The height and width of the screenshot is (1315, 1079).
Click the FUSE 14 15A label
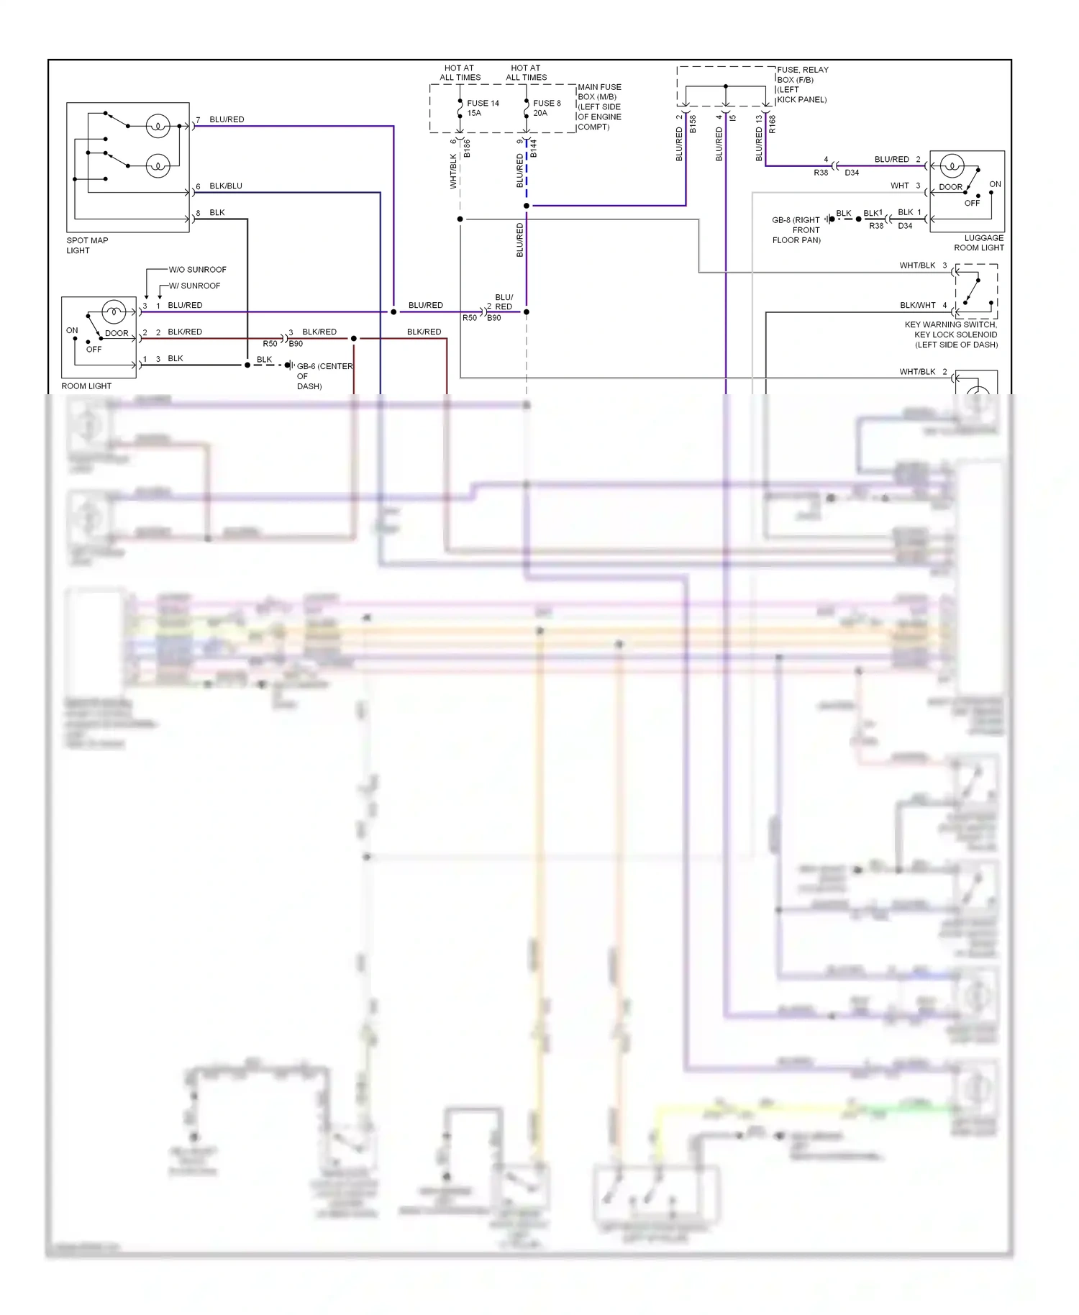point(482,108)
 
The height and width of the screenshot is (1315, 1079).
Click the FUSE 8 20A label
point(546,108)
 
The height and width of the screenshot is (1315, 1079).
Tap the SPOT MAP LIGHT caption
point(87,245)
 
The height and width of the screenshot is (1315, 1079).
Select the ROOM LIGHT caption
point(86,386)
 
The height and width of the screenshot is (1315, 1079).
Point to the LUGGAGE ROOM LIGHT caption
point(979,243)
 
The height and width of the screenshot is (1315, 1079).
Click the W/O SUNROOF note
point(197,270)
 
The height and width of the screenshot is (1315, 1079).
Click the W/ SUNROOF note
point(194,286)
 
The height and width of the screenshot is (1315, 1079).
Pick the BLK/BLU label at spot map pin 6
point(226,186)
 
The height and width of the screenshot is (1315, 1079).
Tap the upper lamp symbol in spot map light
point(158,127)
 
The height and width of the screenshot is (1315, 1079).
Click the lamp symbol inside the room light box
point(114,312)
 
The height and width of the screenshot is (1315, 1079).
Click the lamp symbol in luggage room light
point(952,167)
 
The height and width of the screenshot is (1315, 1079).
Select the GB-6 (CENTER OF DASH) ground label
point(324,376)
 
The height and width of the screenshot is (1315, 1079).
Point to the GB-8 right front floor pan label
point(796,230)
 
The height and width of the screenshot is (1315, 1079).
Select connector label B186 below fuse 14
point(467,149)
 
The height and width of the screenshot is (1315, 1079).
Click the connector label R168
point(773,124)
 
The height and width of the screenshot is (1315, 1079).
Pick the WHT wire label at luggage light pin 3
point(900,186)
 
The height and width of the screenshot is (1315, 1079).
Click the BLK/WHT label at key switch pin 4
point(918,305)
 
